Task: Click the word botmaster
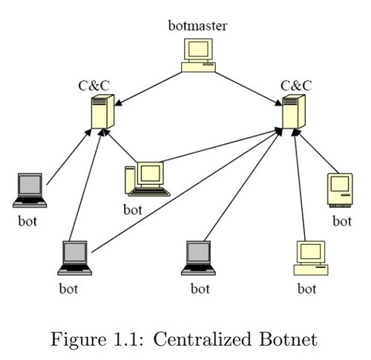pyautogui.click(x=197, y=27)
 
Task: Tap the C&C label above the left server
pyautogui.click(x=94, y=85)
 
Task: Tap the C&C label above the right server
pyautogui.click(x=295, y=85)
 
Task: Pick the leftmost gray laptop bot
pyautogui.click(x=30, y=190)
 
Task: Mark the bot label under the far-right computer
pyautogui.click(x=341, y=220)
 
